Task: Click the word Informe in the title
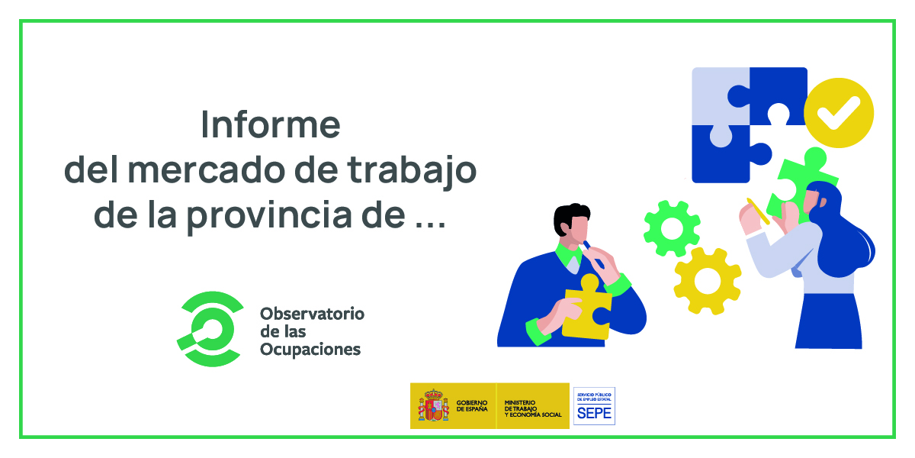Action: point(271,124)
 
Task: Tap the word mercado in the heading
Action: point(207,170)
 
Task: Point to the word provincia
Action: point(269,216)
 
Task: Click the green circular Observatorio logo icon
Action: point(210,329)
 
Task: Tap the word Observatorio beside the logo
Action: point(312,314)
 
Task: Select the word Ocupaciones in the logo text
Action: point(310,350)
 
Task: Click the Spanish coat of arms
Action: point(433,405)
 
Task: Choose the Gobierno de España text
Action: point(472,406)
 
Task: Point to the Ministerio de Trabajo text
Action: point(533,408)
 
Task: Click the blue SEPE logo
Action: point(594,406)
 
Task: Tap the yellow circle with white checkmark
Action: point(839,112)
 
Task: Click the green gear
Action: point(672,228)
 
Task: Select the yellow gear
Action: point(708,281)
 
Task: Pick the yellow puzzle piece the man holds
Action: point(586,307)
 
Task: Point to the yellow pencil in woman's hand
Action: point(758,211)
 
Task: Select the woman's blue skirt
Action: point(828,321)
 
